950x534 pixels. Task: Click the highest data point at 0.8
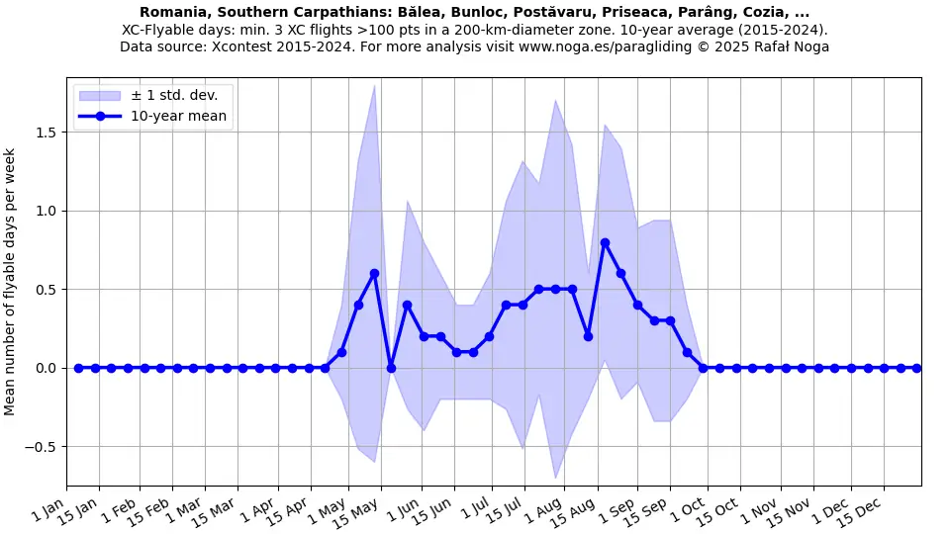pos(605,242)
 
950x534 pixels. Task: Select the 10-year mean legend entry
pos(178,116)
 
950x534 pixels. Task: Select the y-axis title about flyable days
pos(10,282)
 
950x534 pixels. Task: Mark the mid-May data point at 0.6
pos(374,273)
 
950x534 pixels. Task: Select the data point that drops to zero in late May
pos(391,368)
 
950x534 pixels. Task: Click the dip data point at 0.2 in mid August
pos(588,336)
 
